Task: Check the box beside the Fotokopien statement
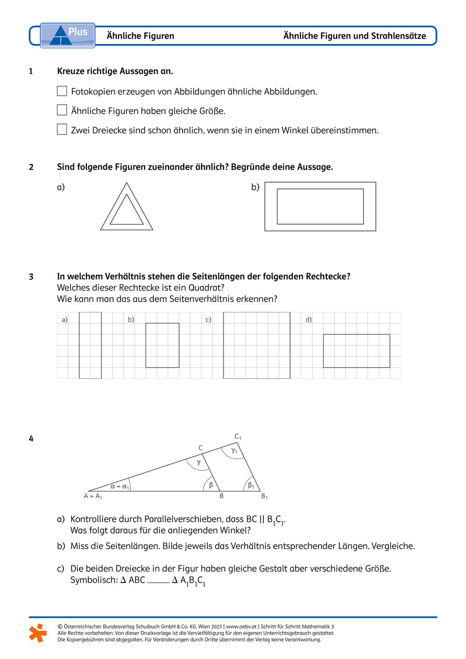62,92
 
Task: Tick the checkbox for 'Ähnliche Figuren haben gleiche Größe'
62,110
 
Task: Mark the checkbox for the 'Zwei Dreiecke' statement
62,129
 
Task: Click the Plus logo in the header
68,35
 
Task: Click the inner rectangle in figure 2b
320,206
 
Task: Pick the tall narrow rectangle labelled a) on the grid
90,345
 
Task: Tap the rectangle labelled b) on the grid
162,345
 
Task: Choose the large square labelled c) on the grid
257,345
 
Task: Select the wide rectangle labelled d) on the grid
356,351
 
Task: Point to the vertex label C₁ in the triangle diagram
238,437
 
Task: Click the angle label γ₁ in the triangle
234,450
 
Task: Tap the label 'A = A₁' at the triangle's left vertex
93,496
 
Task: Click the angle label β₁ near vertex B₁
251,485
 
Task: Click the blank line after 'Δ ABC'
159,581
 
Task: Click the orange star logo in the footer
38,632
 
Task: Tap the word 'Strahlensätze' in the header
399,36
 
